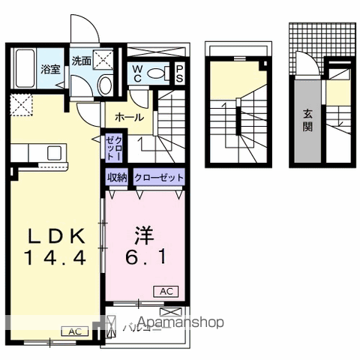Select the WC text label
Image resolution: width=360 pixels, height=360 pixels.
pos(139,73)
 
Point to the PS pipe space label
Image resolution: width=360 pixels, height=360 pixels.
pos(180,73)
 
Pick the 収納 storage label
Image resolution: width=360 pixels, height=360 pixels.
pos(117,178)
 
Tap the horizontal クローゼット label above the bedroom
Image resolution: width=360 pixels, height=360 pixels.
pos(158,178)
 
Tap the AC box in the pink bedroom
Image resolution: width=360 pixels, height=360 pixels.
pos(164,291)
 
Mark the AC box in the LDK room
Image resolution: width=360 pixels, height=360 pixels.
pos(74,331)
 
